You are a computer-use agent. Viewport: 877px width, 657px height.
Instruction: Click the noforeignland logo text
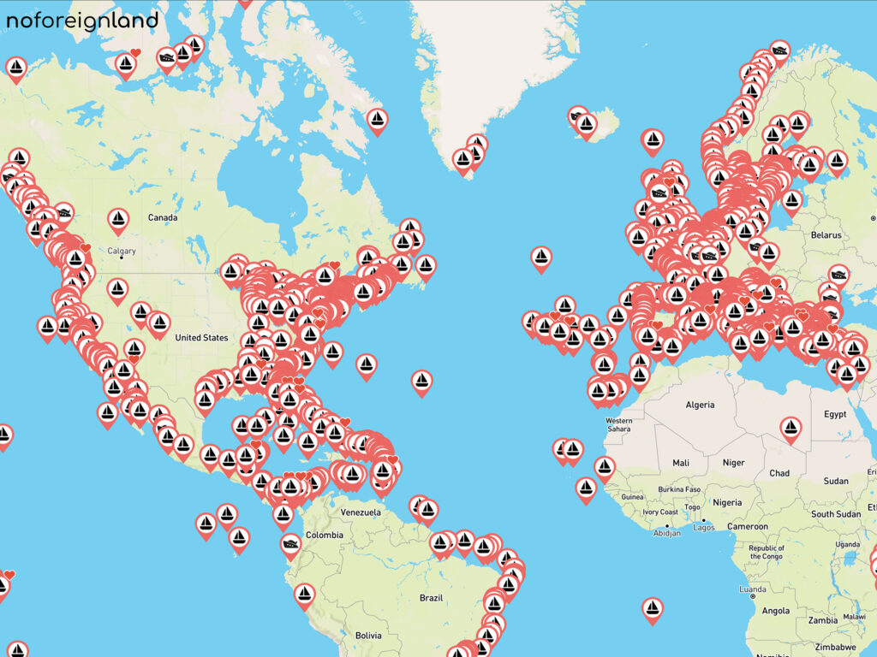(82, 21)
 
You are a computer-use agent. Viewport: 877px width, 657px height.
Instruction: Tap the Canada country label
(163, 217)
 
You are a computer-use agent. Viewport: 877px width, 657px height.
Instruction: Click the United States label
(202, 337)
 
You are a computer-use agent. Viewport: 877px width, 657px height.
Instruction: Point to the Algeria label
(700, 404)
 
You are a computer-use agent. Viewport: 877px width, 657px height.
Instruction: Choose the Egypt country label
(834, 414)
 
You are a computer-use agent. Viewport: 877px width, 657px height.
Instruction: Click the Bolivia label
(368, 636)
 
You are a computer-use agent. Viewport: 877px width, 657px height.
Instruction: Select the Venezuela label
(360, 512)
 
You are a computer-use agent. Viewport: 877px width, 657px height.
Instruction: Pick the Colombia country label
(325, 536)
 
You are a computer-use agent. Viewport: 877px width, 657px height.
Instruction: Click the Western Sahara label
(618, 425)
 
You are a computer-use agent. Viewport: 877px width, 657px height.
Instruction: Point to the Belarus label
(826, 234)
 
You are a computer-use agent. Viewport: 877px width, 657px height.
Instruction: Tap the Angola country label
(776, 611)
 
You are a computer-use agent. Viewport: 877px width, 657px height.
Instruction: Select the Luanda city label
(753, 589)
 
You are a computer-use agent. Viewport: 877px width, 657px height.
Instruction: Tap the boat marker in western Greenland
(377, 120)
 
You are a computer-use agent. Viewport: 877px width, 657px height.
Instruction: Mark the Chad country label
(779, 473)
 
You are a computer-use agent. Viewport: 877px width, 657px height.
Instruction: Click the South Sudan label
(836, 514)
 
